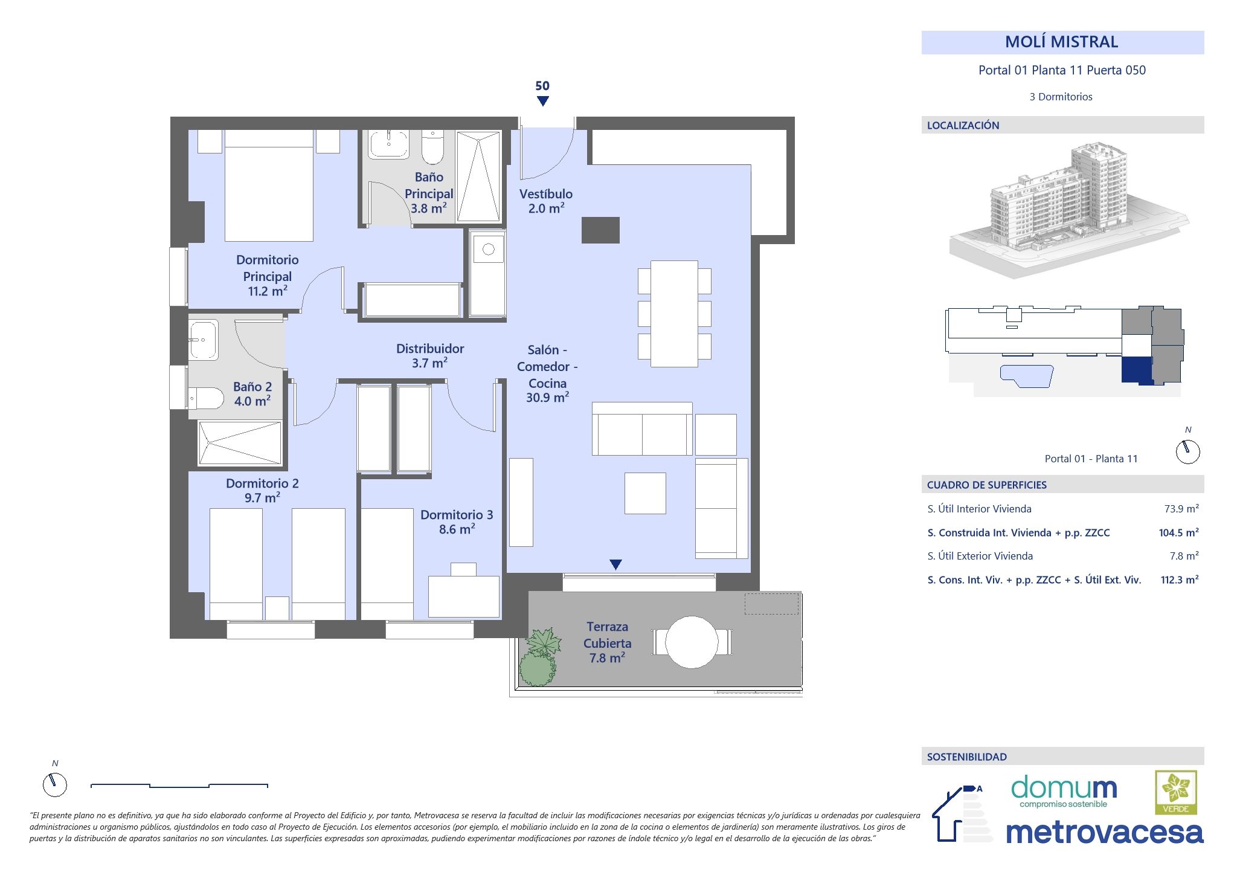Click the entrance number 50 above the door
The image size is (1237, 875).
tap(542, 86)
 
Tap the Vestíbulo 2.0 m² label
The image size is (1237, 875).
tap(546, 201)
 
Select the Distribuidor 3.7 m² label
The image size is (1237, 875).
tap(430, 356)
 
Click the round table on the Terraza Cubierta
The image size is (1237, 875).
tap(692, 642)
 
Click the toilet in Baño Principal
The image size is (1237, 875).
tap(432, 147)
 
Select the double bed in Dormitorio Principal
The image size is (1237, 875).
tap(269, 187)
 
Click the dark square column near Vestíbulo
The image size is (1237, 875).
tap(600, 230)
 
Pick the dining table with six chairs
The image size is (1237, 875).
tap(674, 314)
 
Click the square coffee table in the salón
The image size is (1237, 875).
tap(645, 493)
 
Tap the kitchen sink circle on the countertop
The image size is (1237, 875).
tap(489, 250)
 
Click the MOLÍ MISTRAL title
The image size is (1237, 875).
tap(1062, 42)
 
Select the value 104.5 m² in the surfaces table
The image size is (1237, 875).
tap(1178, 532)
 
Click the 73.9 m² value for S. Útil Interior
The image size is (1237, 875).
tap(1181, 509)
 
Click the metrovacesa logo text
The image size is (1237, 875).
tap(1104, 833)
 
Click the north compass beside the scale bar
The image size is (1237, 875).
tap(55, 784)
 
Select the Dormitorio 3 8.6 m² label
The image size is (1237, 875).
tap(457, 522)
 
